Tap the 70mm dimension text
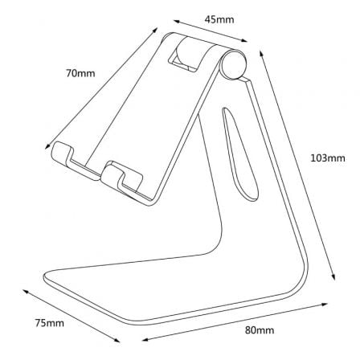[80, 73]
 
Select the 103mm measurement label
[327, 157]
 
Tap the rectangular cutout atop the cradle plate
[186, 55]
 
